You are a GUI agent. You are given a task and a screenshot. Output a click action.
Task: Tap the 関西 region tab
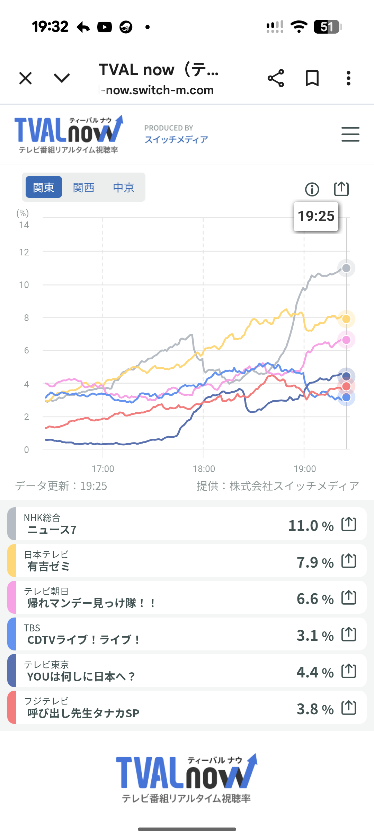(x=83, y=187)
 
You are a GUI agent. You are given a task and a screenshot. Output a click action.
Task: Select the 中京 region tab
(x=123, y=187)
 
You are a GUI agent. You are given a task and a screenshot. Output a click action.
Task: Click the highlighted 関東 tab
(x=44, y=187)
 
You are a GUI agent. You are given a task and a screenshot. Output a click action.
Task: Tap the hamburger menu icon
(x=350, y=134)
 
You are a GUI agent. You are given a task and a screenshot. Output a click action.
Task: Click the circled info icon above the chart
(x=312, y=189)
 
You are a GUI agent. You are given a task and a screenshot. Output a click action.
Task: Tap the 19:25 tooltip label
(x=316, y=216)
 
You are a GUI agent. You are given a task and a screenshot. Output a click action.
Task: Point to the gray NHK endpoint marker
(x=346, y=268)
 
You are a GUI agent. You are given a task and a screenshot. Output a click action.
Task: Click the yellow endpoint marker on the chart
(x=346, y=319)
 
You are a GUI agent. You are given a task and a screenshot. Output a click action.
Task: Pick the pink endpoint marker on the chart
(x=346, y=340)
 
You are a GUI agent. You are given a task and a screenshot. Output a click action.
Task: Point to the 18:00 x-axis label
(x=204, y=469)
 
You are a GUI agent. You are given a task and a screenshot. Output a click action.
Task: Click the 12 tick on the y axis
(x=24, y=252)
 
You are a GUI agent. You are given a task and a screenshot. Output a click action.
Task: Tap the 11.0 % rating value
(x=311, y=526)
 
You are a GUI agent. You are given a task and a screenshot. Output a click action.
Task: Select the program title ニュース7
(x=52, y=530)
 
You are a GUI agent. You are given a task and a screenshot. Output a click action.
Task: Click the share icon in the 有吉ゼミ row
(x=348, y=560)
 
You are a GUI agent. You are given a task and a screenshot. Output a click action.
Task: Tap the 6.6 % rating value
(x=315, y=599)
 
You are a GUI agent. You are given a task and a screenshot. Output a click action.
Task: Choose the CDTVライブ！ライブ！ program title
(x=83, y=640)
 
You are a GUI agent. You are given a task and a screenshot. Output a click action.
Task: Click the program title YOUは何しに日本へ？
(x=81, y=676)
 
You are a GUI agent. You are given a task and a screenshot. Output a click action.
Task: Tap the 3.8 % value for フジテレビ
(x=315, y=709)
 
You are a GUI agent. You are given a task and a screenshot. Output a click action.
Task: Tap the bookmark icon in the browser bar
(x=312, y=78)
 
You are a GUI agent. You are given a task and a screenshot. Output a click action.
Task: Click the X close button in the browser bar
(x=26, y=78)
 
